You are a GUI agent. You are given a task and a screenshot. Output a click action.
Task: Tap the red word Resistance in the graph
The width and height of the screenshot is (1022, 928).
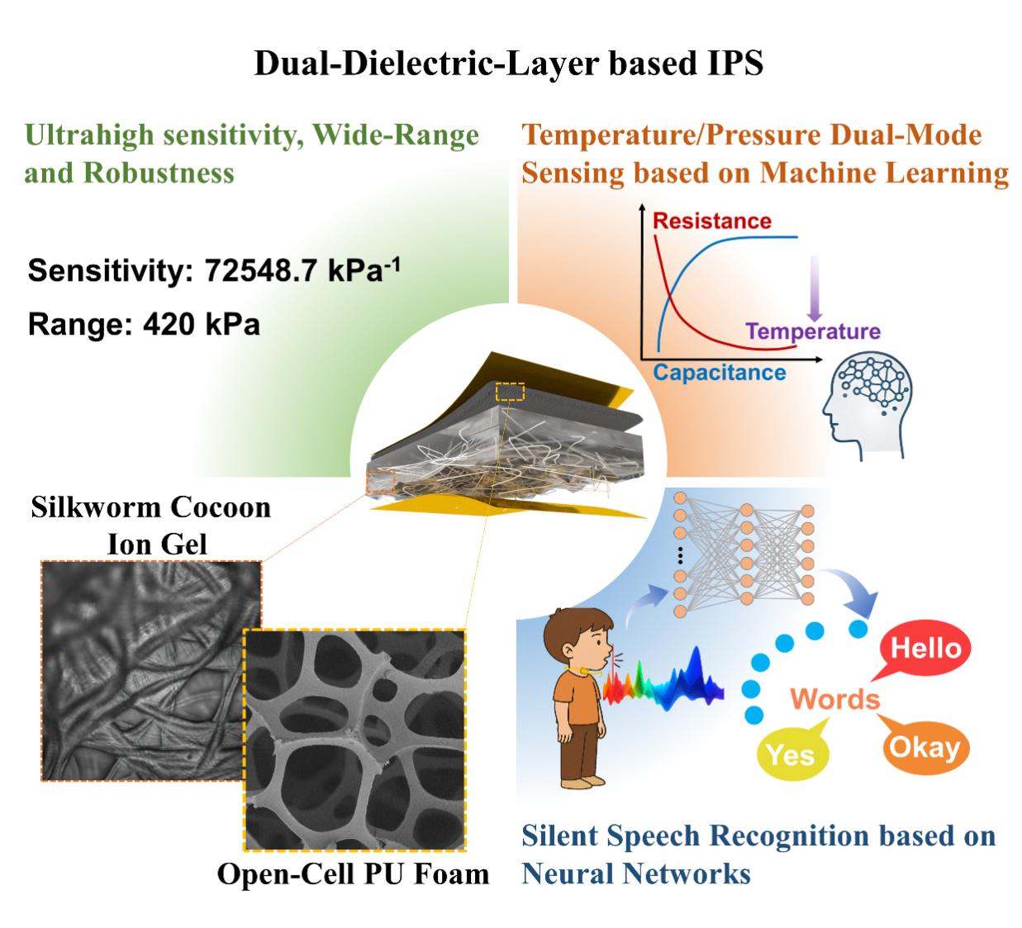point(711,221)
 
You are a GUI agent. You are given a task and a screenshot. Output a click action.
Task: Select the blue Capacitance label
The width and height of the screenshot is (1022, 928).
point(720,372)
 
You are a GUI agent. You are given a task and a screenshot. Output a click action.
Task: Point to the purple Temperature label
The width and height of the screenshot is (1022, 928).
point(813,331)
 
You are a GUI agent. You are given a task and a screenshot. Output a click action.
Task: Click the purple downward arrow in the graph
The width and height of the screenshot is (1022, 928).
point(815,289)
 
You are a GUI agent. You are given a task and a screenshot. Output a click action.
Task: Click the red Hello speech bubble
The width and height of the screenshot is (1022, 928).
point(925,649)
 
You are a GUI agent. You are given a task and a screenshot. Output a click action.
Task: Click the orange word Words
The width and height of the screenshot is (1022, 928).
point(835,699)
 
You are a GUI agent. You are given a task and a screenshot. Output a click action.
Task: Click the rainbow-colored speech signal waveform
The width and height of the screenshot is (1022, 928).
point(666,683)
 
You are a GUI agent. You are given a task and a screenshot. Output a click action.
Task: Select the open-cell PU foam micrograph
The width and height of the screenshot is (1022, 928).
point(354,739)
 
